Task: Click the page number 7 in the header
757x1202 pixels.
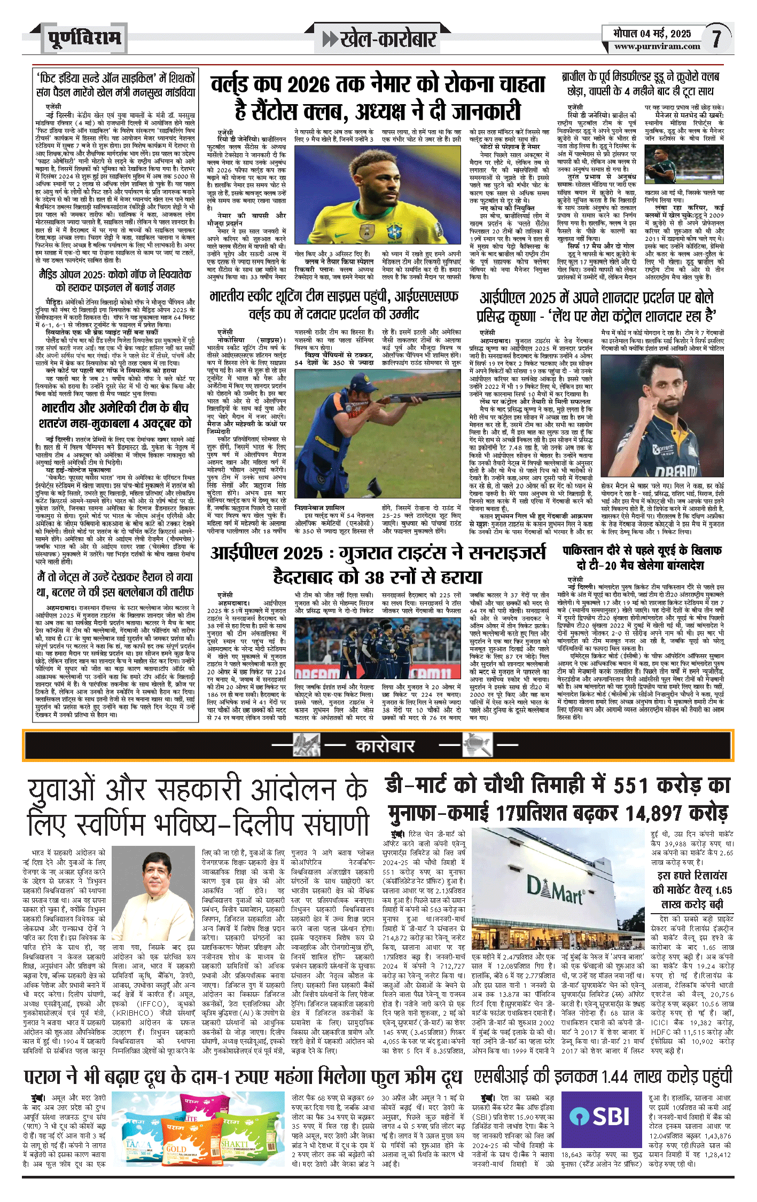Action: (x=716, y=38)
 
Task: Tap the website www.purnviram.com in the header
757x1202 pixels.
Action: (x=657, y=46)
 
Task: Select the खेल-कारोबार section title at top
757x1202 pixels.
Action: (x=379, y=39)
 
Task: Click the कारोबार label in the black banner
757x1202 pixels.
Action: (x=385, y=745)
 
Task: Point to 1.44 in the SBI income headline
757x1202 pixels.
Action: (x=616, y=1076)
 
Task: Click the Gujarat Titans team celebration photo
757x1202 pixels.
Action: (x=377, y=648)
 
